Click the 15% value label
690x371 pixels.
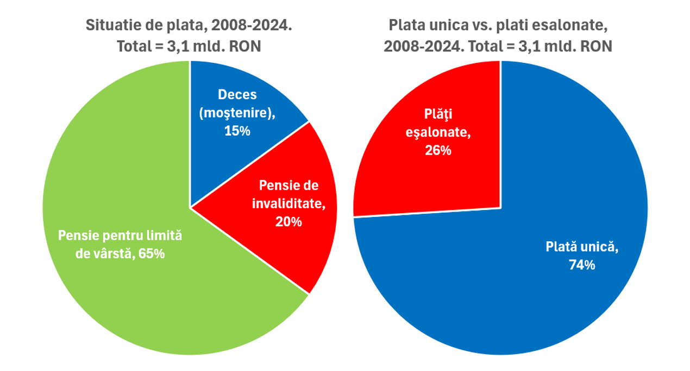237,131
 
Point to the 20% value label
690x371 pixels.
288,221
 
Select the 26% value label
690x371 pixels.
438,150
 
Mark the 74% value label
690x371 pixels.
582,265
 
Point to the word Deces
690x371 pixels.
237,94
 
